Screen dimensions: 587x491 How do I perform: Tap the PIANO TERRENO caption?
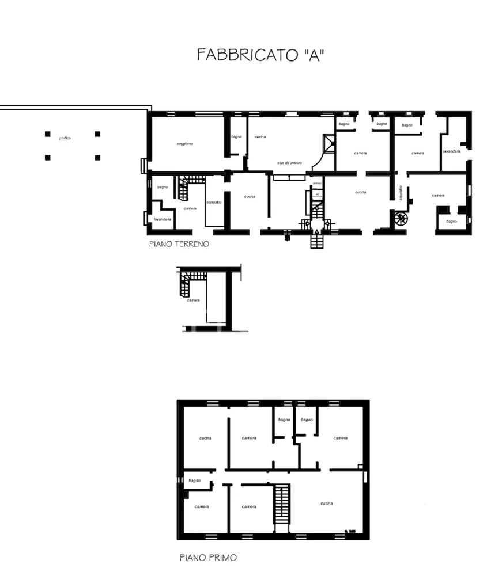click(x=179, y=244)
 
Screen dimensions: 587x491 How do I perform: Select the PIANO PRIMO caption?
click(x=208, y=557)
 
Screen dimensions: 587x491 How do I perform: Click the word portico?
click(x=65, y=139)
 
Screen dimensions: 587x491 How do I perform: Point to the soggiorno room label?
click(x=185, y=143)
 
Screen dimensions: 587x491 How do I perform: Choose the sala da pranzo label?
click(x=289, y=163)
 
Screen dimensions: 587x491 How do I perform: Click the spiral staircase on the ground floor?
click(x=400, y=219)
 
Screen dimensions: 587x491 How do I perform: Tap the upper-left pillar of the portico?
click(x=47, y=134)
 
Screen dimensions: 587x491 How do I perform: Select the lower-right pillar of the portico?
click(x=97, y=157)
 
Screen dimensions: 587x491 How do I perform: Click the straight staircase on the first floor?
click(x=281, y=504)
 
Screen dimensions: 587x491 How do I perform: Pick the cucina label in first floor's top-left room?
click(x=205, y=438)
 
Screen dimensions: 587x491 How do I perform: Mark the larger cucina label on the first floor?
click(x=327, y=504)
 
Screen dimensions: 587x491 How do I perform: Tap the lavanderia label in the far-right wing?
click(x=451, y=151)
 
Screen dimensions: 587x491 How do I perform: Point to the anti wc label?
click(x=316, y=184)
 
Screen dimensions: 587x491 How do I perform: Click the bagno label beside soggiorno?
click(x=236, y=136)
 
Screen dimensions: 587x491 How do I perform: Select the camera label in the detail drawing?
click(x=194, y=300)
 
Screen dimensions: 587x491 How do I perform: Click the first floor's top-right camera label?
click(x=340, y=438)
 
